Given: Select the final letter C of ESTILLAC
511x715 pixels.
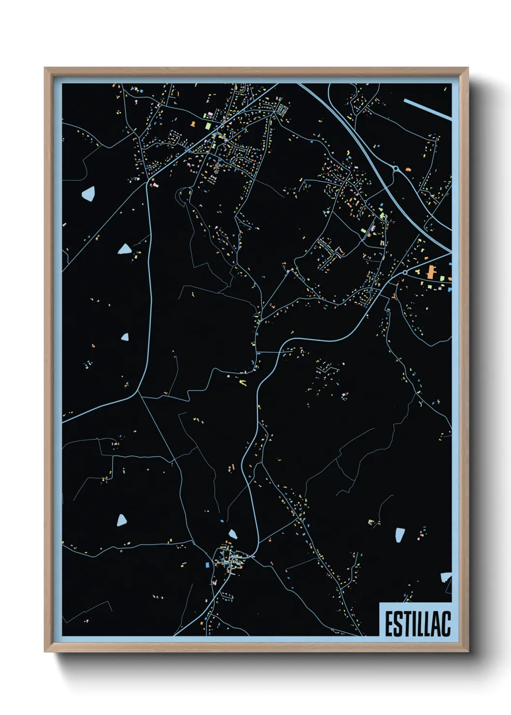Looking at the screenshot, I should tap(446, 624).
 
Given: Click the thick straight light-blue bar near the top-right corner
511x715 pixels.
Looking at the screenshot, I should tap(427, 109).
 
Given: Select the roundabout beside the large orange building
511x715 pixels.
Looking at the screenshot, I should tap(405, 273).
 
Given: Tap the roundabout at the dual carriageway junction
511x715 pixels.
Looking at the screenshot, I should tap(396, 169).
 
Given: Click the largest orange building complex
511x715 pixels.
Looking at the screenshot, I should tap(430, 272).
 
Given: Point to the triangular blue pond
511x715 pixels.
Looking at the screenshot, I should tap(125, 249).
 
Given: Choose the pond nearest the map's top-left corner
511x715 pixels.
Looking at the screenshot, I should tap(88, 194).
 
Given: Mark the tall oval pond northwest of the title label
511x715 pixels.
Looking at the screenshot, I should tap(399, 535).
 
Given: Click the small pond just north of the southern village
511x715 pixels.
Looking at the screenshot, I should tap(233, 534).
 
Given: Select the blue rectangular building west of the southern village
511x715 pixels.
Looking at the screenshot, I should tap(208, 565).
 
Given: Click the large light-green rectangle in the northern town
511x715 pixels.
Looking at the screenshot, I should tap(208, 126).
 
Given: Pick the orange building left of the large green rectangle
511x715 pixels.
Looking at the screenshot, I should tap(193, 124).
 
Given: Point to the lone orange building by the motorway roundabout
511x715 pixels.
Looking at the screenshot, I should tap(409, 170).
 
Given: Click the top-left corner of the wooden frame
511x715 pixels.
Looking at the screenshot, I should tap(45, 68).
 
